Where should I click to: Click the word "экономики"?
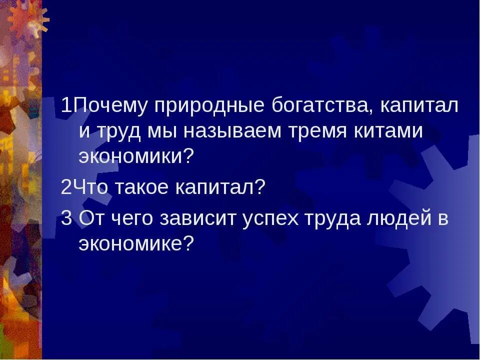click(130, 156)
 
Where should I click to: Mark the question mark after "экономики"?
click(188, 156)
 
